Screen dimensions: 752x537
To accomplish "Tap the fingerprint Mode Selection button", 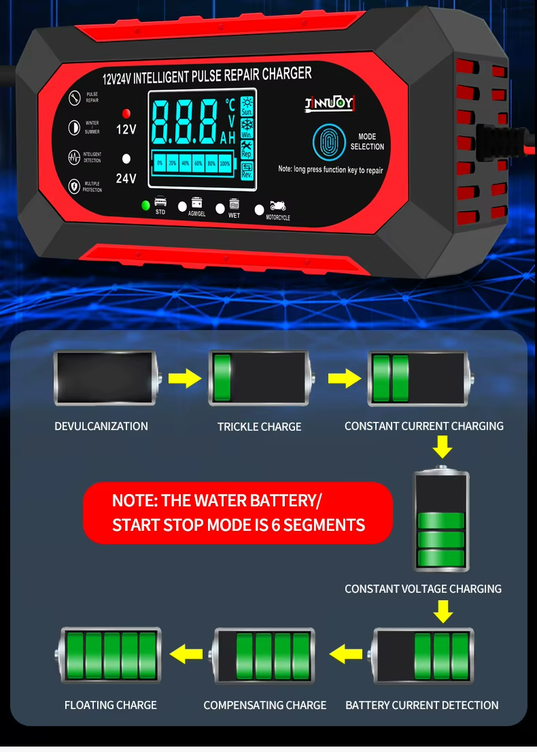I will [329, 142].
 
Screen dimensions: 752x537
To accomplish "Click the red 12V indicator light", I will [126, 113].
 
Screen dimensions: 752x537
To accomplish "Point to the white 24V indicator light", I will [126, 159].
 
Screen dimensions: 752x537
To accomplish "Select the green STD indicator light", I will [145, 205].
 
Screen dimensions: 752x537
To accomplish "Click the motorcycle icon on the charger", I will [278, 206].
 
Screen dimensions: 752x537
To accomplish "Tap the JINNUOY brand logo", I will [330, 103].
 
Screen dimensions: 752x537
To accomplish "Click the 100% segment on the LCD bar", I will [224, 163].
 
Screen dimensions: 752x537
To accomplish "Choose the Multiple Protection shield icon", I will [74, 186].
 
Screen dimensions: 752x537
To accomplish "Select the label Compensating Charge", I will [265, 705].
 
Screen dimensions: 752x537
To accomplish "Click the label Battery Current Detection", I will [422, 705].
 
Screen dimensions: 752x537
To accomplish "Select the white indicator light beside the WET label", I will [220, 208].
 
